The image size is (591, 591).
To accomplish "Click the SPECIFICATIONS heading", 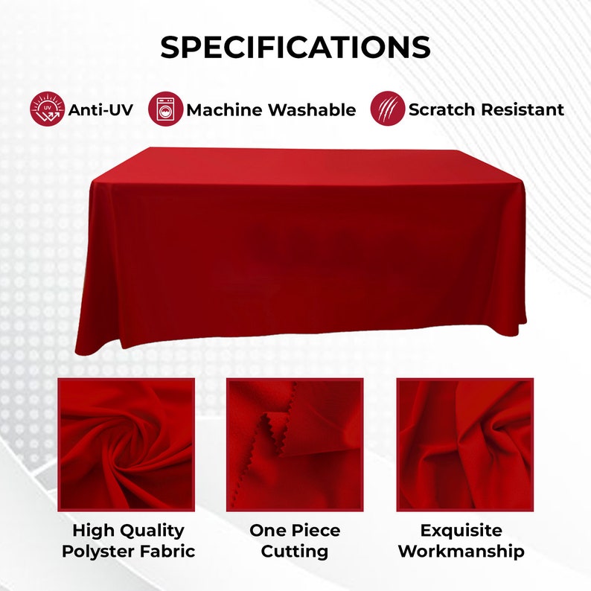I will [x=295, y=47].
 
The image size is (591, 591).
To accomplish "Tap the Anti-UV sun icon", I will [x=47, y=109].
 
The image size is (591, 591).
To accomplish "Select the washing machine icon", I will [x=165, y=109].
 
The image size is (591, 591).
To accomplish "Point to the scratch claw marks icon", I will [x=388, y=109].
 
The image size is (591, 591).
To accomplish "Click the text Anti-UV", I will [x=100, y=110].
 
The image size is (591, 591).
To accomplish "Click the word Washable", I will [x=312, y=110].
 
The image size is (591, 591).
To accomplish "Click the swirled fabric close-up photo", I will [x=126, y=444].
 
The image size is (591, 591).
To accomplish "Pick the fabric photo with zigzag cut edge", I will [x=295, y=444].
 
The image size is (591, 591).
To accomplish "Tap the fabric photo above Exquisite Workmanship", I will [x=464, y=444].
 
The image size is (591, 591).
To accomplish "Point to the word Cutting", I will [x=295, y=552].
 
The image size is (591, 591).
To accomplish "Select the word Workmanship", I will [x=461, y=552].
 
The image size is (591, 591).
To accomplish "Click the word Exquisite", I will [x=461, y=531].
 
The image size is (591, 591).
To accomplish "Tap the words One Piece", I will [x=295, y=531].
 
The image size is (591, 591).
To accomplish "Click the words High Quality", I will [x=128, y=531].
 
